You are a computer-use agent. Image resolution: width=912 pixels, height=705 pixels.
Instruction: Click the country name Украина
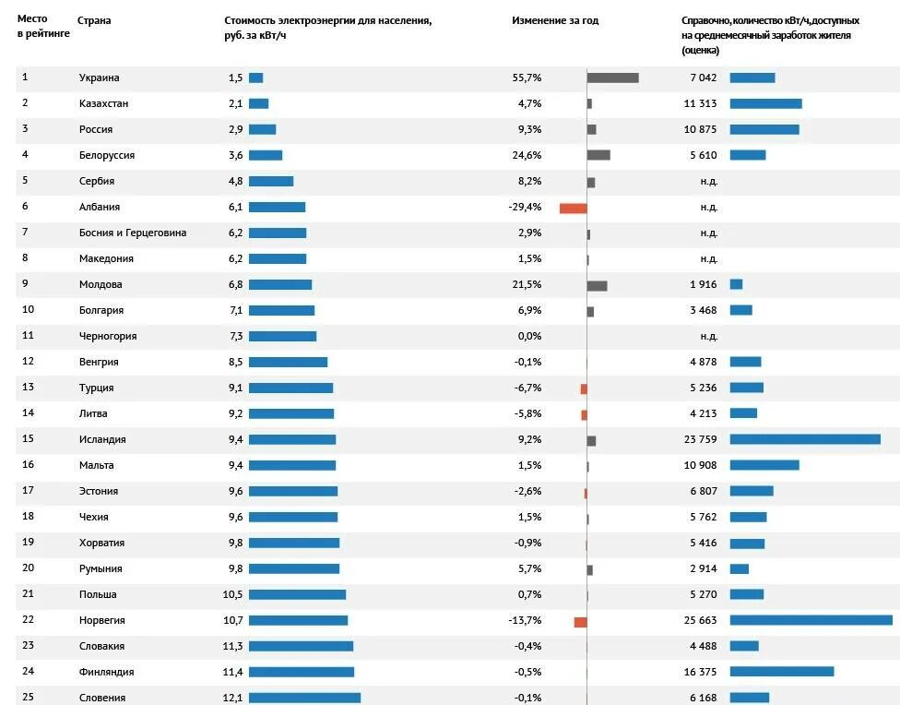[99, 78]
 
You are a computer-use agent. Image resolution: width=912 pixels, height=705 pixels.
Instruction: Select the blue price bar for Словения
[304, 698]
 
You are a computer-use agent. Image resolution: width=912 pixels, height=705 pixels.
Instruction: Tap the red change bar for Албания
[573, 208]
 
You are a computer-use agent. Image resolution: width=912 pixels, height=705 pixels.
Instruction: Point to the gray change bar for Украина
[612, 78]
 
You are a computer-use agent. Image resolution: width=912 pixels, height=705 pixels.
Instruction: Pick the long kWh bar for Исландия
[805, 439]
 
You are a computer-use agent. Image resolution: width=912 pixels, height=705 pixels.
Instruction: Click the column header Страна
[95, 19]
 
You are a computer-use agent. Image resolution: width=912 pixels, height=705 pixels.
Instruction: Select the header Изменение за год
[555, 19]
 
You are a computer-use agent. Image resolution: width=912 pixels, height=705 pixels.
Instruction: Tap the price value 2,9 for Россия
[235, 129]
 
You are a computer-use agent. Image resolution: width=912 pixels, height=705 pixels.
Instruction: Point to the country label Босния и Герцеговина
[133, 233]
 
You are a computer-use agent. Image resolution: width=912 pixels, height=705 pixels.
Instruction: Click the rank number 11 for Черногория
[28, 336]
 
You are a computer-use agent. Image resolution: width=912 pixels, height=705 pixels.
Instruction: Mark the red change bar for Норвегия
[580, 622]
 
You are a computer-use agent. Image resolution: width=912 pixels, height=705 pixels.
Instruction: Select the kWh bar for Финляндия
[781, 672]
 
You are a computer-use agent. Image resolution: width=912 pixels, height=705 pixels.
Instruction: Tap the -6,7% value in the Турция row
[527, 388]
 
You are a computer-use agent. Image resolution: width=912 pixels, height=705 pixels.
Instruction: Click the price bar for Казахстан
[258, 103]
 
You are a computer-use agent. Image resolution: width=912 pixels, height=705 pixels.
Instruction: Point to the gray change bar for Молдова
[597, 285]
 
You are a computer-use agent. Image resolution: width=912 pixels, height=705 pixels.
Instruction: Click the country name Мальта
[97, 465]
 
